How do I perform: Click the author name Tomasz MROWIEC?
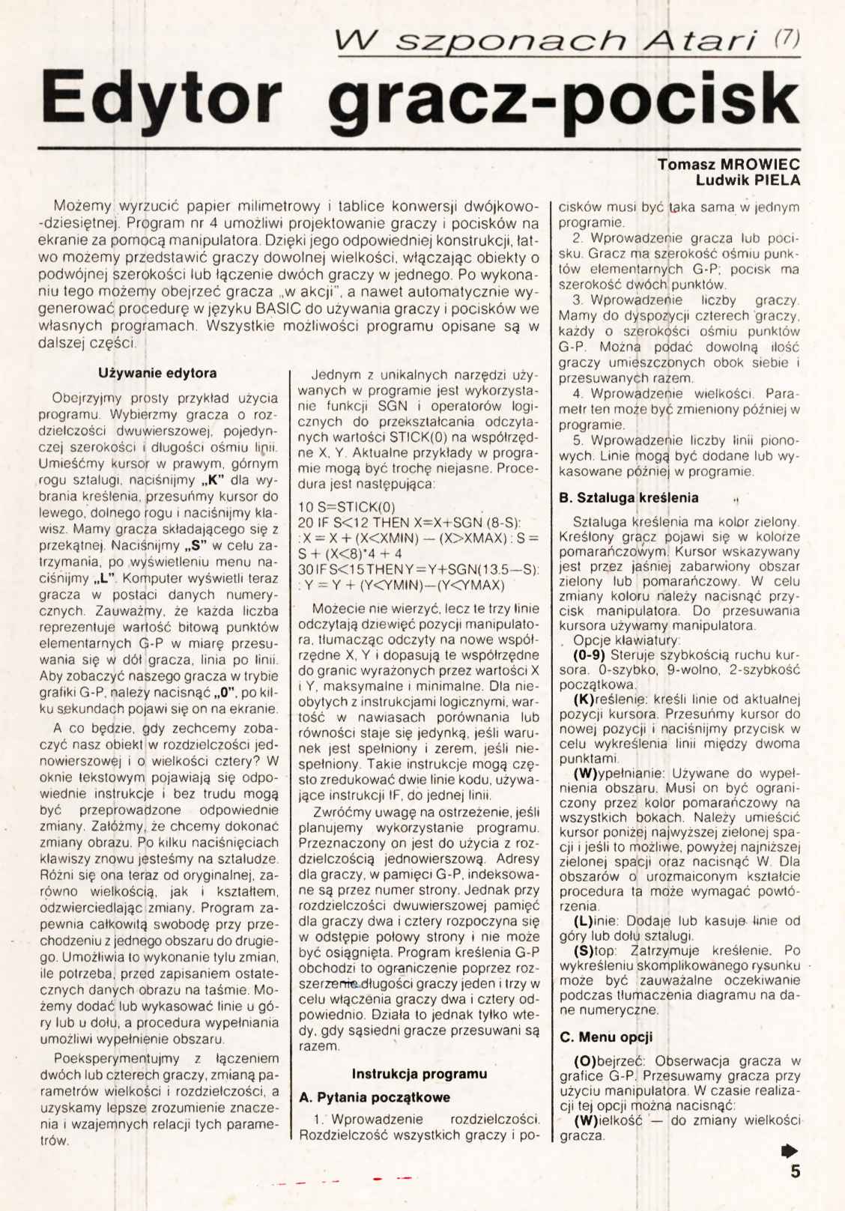(728, 164)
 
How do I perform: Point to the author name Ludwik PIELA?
(748, 180)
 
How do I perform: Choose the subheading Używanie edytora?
(157, 373)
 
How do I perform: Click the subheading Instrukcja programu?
(420, 1073)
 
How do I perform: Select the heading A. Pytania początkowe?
(375, 1097)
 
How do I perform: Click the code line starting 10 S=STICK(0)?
(346, 506)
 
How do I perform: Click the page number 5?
(795, 1171)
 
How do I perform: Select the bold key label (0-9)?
(590, 655)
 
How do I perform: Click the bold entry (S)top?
(595, 950)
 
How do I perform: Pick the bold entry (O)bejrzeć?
(611, 1060)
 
